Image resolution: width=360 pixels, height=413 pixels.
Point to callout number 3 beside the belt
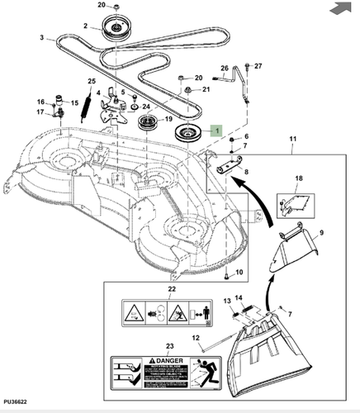pyautogui.click(x=42, y=38)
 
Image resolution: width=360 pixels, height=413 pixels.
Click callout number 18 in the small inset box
pyautogui.click(x=300, y=178)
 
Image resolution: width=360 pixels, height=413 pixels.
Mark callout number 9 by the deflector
pyautogui.click(x=321, y=233)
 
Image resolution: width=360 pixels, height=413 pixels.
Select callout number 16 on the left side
pyautogui.click(x=39, y=102)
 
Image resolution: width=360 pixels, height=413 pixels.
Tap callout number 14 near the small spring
pyautogui.click(x=239, y=298)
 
